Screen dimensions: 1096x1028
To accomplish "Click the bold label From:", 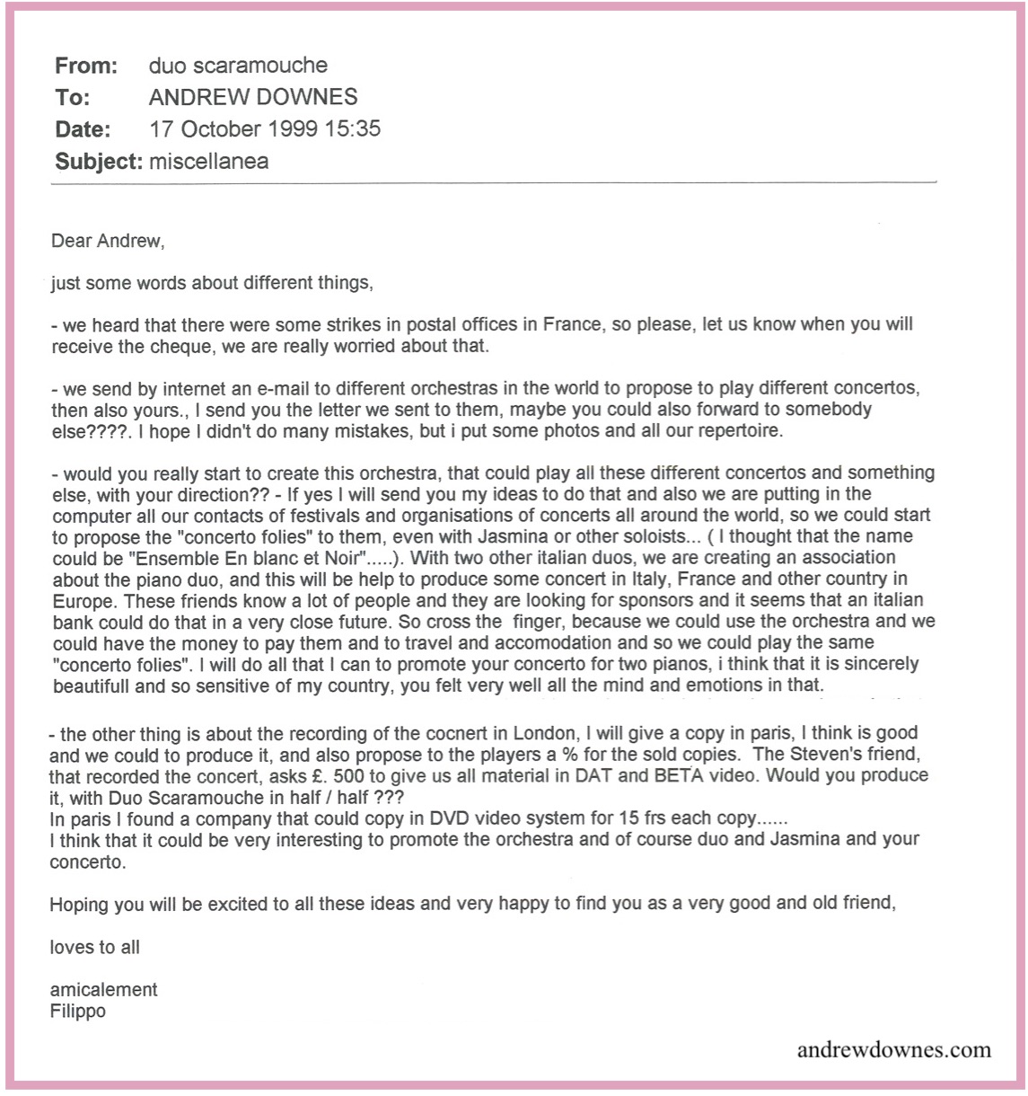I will coord(87,65).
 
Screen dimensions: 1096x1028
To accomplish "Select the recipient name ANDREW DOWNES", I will coord(253,97).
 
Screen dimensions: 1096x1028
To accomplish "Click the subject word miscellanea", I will coord(208,162).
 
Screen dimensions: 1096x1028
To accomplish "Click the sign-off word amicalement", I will coord(104,990).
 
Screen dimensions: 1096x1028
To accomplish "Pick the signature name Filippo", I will coord(80,1010).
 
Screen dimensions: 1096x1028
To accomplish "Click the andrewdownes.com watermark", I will coord(893,1049).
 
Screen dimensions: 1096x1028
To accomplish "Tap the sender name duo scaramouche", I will coord(238,65).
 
